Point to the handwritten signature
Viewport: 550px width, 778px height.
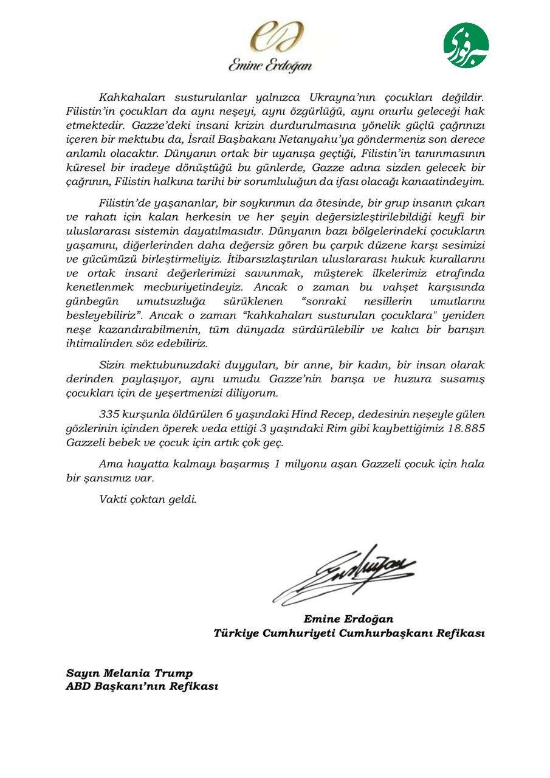(x=345, y=573)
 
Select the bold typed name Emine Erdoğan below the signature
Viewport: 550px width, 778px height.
(x=348, y=619)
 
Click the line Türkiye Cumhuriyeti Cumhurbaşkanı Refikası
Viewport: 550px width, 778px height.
(x=349, y=633)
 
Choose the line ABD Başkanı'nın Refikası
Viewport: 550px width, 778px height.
(x=142, y=686)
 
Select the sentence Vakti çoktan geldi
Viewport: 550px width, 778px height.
(x=148, y=500)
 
